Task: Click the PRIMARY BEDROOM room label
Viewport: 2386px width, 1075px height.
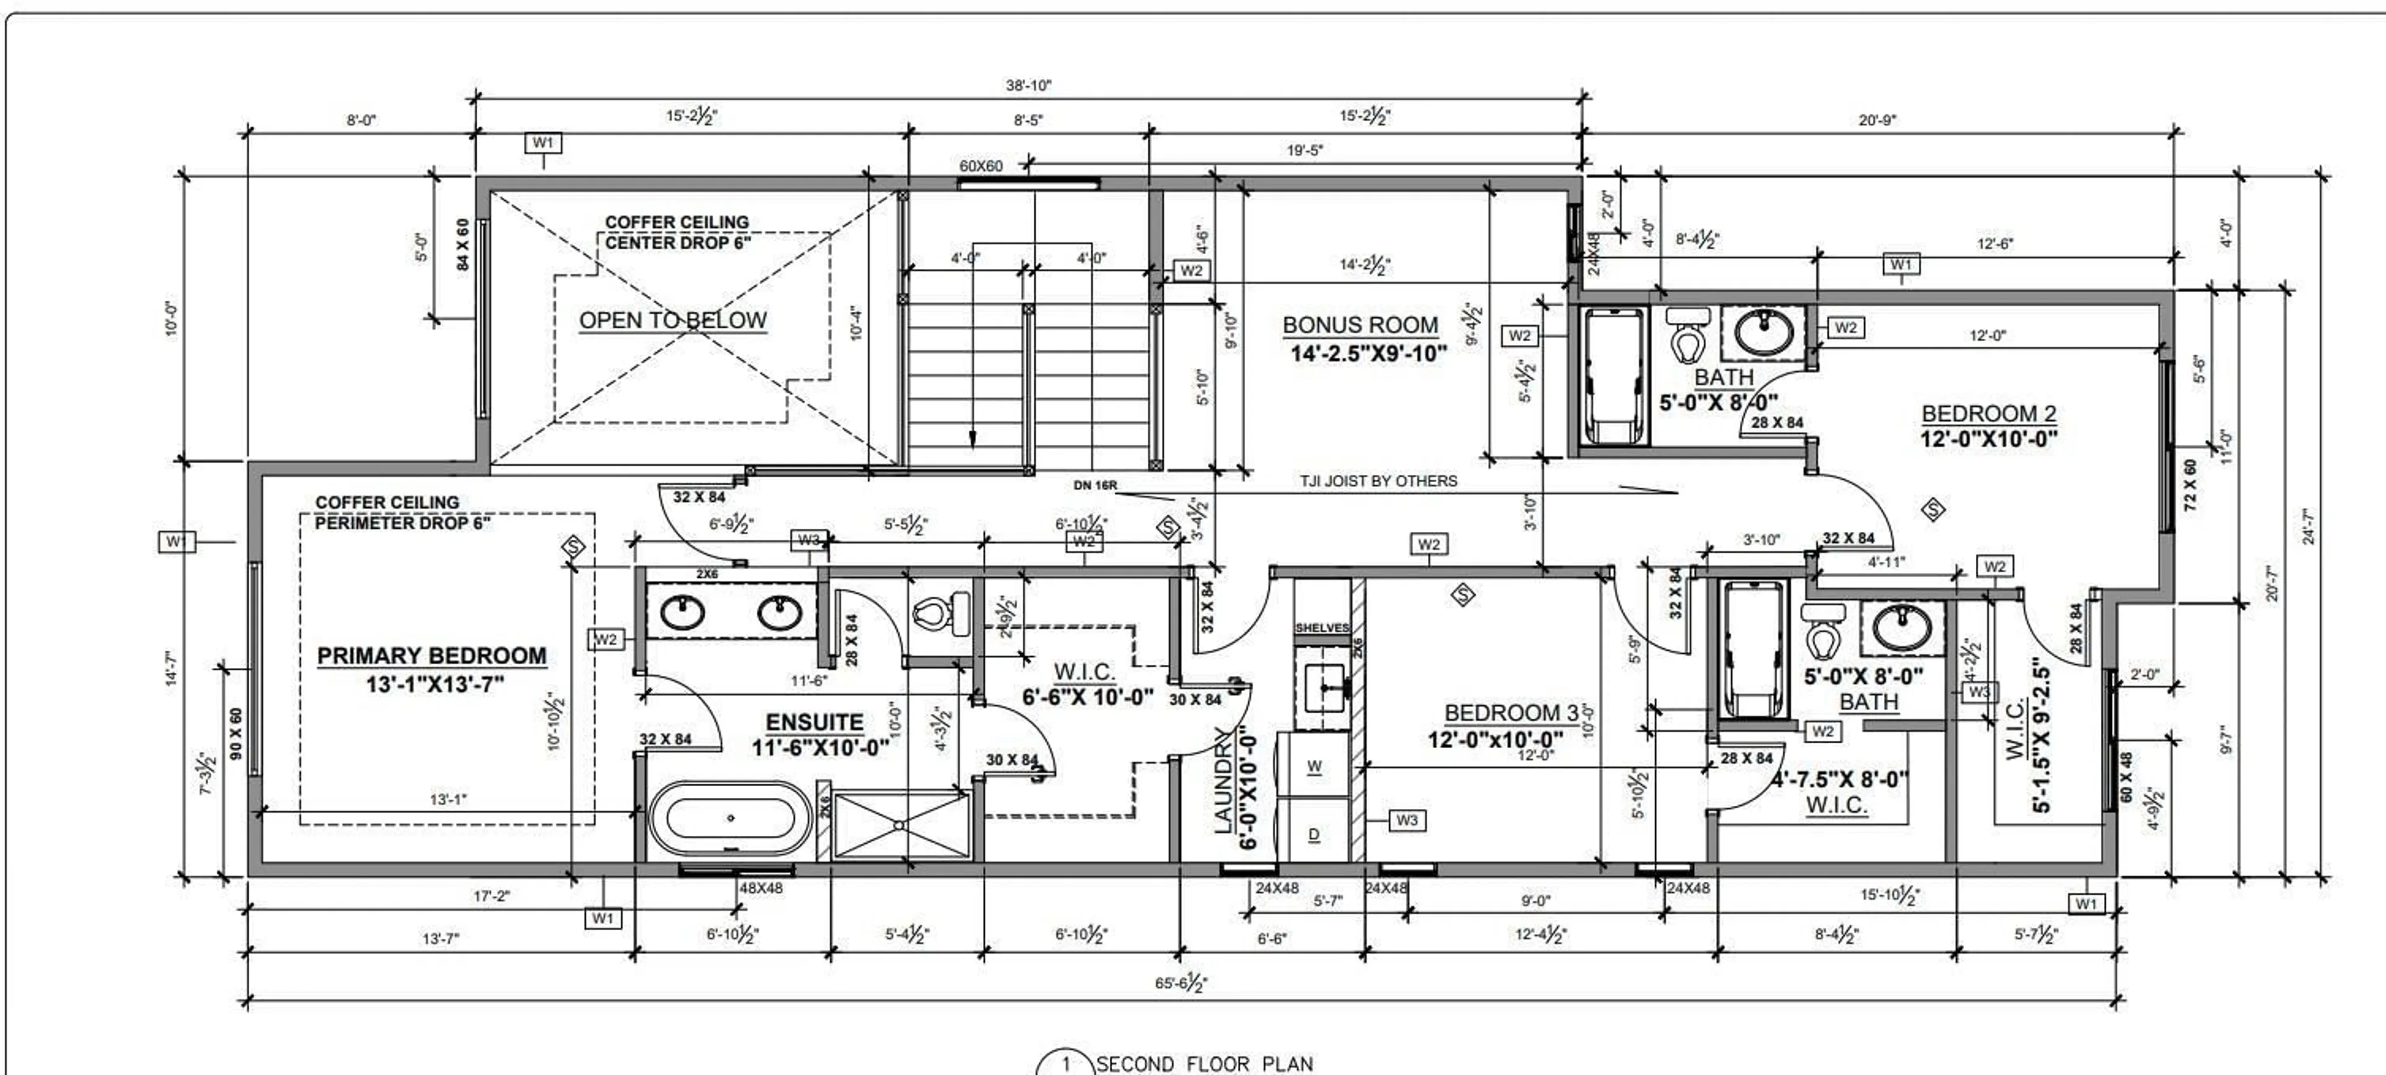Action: click(432, 656)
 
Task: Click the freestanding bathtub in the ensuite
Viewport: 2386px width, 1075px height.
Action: click(731, 818)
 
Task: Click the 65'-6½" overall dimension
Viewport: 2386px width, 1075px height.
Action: click(1180, 982)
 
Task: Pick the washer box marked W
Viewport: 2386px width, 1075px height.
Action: click(1314, 766)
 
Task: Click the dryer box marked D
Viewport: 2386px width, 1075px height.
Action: click(1314, 835)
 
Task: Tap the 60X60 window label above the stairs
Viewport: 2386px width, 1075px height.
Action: click(980, 167)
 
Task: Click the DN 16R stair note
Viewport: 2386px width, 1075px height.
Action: click(1095, 485)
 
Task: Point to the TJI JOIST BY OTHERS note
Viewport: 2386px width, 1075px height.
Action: click(1378, 480)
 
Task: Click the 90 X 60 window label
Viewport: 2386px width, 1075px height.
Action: click(235, 734)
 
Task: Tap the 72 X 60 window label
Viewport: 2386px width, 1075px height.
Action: click(2190, 485)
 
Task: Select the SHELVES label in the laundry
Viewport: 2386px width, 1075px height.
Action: click(1321, 628)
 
